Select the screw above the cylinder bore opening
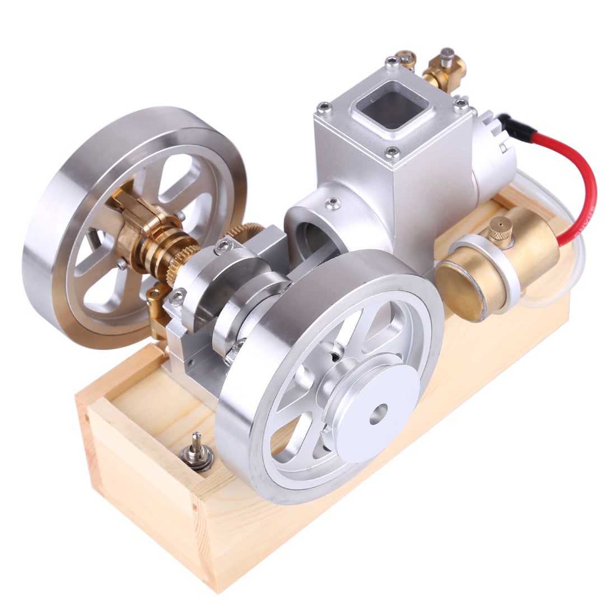click(334, 202)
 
